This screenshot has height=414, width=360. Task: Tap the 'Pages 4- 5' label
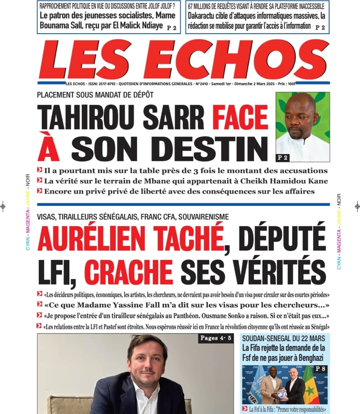point(216,338)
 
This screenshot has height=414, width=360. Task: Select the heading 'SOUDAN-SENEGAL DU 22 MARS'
point(283,338)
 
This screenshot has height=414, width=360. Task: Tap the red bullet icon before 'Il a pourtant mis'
point(39,170)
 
